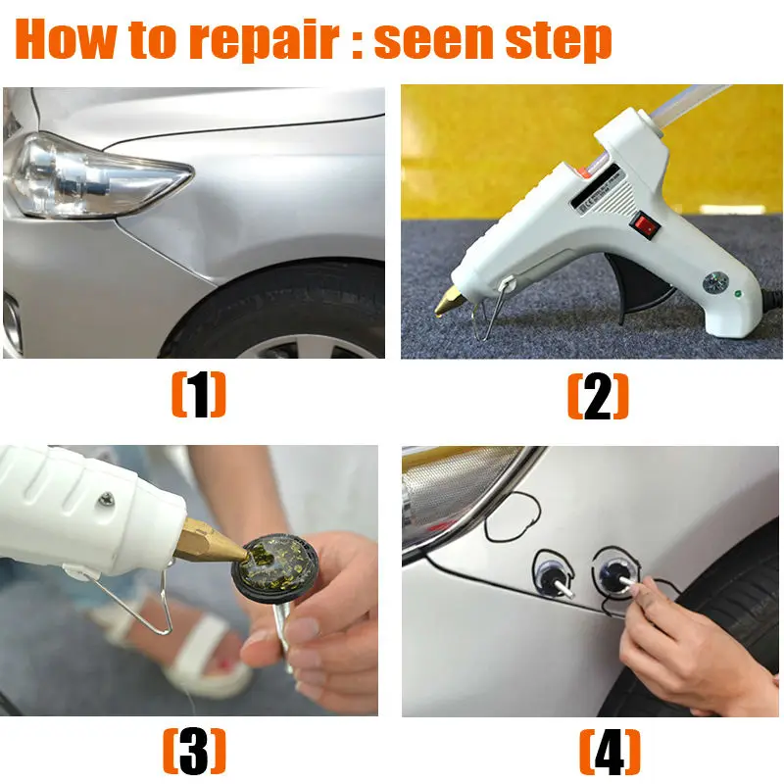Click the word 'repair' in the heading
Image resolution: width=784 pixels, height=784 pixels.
coord(264,40)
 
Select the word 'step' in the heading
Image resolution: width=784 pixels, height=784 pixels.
coord(559,41)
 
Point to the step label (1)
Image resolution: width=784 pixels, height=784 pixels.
coord(199,395)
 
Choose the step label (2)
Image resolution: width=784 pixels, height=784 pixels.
coord(598,396)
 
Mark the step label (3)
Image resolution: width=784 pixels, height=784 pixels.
coord(194,751)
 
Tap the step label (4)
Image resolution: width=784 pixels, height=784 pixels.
coord(610,752)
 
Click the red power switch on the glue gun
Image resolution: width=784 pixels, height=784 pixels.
coord(646,224)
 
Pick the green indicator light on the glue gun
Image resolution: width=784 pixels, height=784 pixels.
coord(738,294)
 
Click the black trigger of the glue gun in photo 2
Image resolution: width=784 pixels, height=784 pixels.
coord(637,285)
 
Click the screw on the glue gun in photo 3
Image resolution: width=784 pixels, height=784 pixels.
coord(107,499)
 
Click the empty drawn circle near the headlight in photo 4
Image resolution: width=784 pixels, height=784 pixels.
coord(513,517)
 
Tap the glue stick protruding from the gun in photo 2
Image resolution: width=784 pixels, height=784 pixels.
coord(694,106)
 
